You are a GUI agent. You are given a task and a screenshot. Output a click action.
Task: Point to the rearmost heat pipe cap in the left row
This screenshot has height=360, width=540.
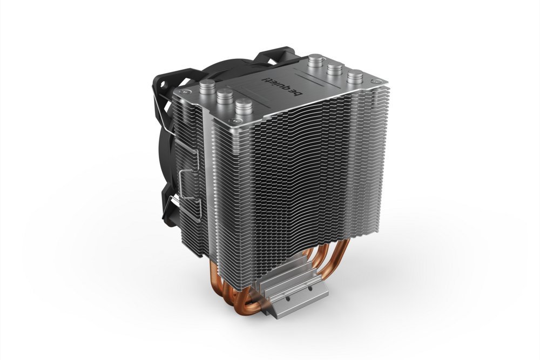(207, 85)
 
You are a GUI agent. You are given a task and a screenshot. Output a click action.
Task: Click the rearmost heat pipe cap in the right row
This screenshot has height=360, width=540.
(315, 59)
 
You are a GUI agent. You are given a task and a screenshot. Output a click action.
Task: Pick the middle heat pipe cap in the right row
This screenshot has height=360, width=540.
(335, 68)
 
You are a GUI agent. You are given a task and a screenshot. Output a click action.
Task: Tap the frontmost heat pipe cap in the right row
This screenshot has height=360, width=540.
(355, 77)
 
